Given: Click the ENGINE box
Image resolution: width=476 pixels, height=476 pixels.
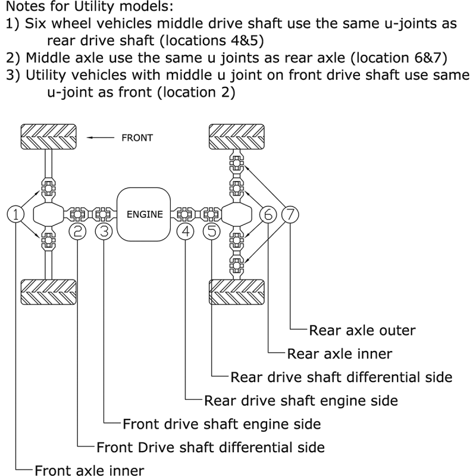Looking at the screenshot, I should (x=145, y=214).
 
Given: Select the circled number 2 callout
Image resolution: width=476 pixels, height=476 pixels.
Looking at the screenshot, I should (x=78, y=231).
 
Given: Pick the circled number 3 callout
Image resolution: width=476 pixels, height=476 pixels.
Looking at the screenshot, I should (x=104, y=231).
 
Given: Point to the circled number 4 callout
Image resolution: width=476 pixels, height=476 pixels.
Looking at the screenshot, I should (x=187, y=231).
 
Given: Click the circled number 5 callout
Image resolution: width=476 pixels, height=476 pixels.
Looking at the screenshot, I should (x=212, y=231).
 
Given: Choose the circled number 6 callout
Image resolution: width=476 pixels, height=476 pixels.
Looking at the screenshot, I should (x=268, y=214).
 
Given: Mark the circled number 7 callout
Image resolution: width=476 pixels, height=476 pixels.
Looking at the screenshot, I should (x=290, y=214).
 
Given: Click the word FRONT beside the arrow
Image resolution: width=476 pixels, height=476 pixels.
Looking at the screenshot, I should (x=137, y=137).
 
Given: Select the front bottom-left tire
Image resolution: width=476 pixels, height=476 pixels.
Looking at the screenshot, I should (x=48, y=293).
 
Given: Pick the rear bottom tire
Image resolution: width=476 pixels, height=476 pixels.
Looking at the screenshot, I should (x=236, y=293).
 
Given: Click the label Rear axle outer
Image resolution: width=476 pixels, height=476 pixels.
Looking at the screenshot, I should (x=362, y=330).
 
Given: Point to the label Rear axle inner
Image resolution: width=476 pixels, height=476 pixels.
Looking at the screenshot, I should (x=339, y=353).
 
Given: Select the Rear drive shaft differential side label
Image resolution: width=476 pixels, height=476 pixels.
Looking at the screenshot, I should (x=341, y=377).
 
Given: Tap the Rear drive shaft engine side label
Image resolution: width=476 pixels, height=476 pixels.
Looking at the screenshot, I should (x=300, y=400).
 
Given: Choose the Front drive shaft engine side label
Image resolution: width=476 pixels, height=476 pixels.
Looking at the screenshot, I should (x=221, y=424).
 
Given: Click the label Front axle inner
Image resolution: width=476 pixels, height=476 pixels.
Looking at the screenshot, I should (x=89, y=470).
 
